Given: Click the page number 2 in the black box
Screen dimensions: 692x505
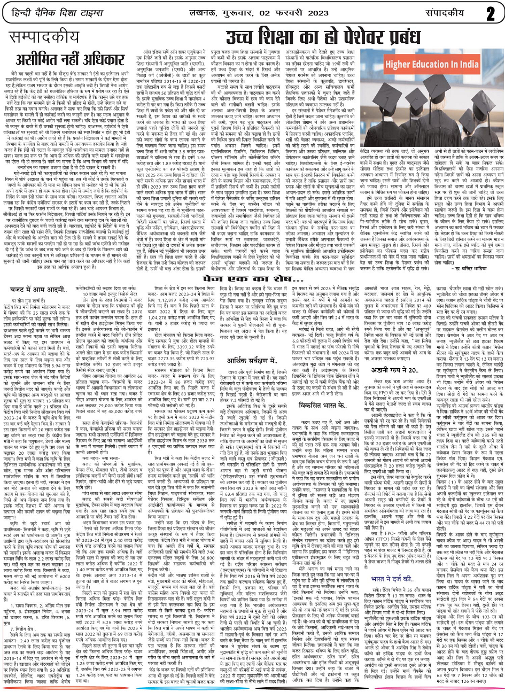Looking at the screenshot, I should (491, 12).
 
